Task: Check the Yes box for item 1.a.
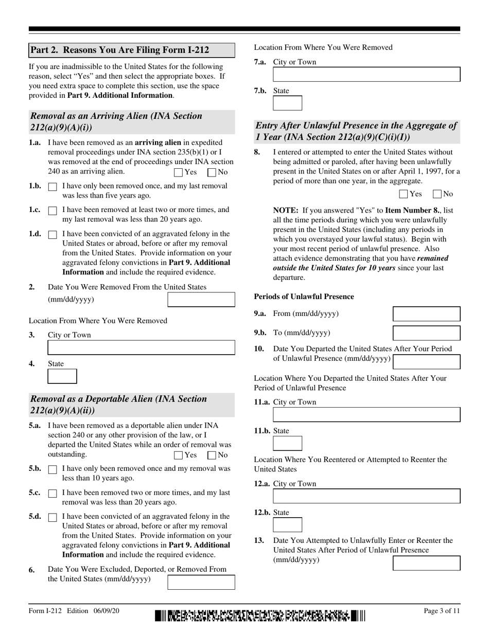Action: [179, 173]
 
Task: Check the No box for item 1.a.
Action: [212, 173]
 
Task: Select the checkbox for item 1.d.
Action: [52, 235]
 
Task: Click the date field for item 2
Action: [201, 300]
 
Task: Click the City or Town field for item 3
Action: [141, 347]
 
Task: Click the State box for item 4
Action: [62, 376]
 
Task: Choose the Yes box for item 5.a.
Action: [179, 455]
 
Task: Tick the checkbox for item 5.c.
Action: [52, 494]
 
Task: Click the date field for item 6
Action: [201, 582]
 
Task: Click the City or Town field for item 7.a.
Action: [366, 75]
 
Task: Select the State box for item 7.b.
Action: [287, 103]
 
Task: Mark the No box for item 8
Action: [438, 194]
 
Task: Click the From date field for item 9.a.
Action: [426, 314]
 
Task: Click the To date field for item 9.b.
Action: [426, 333]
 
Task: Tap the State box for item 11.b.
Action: [287, 443]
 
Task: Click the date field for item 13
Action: [426, 563]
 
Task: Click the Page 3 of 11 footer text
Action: [442, 611]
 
